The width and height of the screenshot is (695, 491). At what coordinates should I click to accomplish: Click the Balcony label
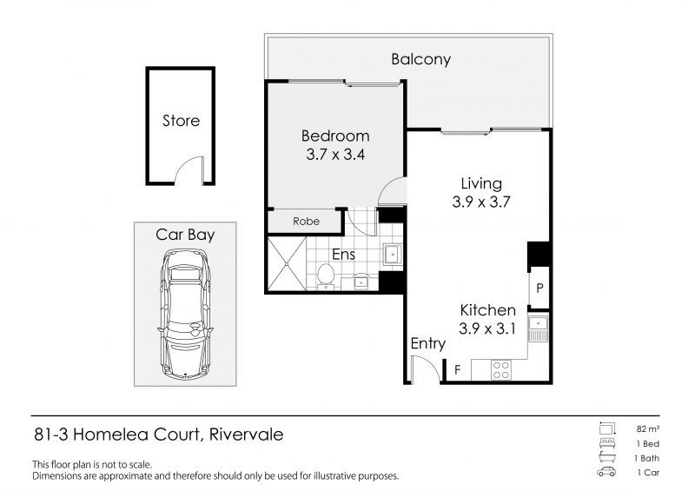click(x=420, y=59)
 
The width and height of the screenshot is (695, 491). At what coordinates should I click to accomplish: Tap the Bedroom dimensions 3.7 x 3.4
click(x=335, y=155)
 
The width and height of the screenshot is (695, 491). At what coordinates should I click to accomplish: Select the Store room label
click(x=181, y=121)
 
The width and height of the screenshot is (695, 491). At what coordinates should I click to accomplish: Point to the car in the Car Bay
click(x=185, y=314)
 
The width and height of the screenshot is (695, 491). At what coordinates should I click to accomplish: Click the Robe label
click(x=306, y=221)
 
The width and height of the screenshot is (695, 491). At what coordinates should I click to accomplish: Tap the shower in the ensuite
click(x=287, y=263)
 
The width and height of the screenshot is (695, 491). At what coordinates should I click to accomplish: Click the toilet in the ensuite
click(x=326, y=275)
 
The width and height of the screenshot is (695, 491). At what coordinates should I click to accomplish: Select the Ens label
click(x=343, y=255)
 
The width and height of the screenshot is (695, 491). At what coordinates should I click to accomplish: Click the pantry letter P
click(x=539, y=289)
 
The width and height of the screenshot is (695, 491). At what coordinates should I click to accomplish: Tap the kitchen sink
click(x=539, y=328)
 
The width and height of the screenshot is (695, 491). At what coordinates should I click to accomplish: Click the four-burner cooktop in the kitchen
click(x=501, y=370)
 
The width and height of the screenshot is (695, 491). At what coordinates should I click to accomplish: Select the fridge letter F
click(x=458, y=369)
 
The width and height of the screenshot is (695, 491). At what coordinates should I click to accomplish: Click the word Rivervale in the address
click(x=246, y=435)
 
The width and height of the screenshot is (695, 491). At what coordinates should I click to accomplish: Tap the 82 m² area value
click(x=648, y=429)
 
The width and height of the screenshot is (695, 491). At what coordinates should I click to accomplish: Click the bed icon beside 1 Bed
click(x=606, y=443)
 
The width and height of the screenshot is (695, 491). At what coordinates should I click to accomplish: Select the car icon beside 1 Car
click(x=606, y=472)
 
